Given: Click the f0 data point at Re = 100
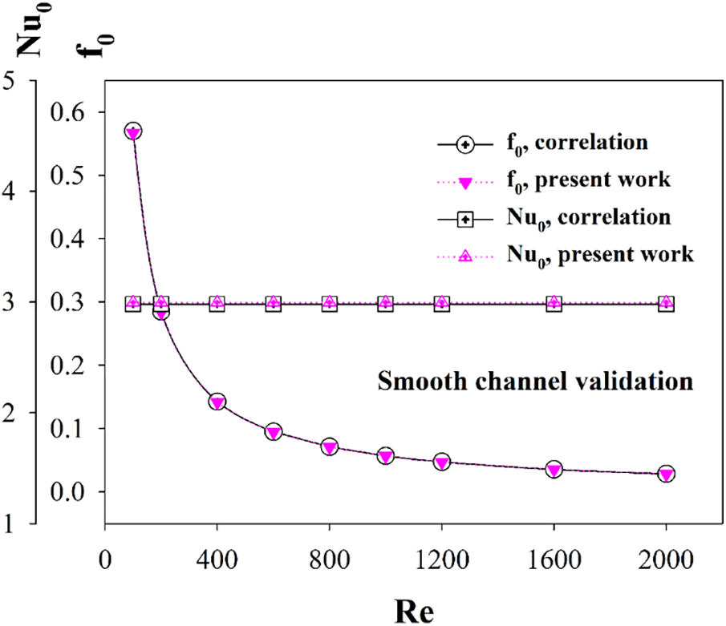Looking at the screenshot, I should click(x=133, y=131).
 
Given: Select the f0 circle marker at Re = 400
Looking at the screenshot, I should click(x=217, y=402).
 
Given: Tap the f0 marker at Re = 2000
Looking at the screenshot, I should click(x=666, y=474).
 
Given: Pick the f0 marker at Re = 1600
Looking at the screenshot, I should click(x=554, y=469).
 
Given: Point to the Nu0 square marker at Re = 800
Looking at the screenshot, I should click(x=329, y=303).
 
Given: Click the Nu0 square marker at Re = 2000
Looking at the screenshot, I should click(x=666, y=303).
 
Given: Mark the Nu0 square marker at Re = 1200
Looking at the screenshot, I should click(x=441, y=303).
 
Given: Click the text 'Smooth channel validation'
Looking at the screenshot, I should click(x=535, y=382).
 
